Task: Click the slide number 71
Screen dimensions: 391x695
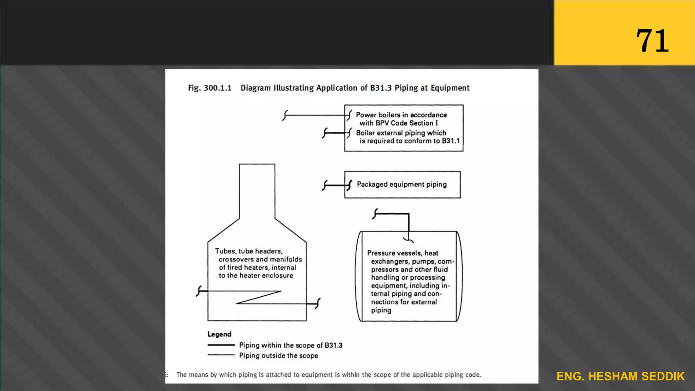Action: tap(652, 41)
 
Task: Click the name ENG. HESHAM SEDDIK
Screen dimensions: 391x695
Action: tap(620, 376)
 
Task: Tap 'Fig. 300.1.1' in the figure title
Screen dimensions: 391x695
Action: tap(210, 88)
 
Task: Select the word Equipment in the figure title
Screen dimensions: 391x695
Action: tap(450, 88)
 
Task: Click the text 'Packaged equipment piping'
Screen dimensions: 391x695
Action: tap(401, 184)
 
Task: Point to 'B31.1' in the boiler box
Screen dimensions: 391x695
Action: tap(451, 141)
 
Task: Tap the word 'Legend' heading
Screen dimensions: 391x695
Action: tap(219, 334)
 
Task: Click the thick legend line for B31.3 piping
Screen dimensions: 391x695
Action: tap(221, 345)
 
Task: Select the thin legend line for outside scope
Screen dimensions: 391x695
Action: tap(221, 355)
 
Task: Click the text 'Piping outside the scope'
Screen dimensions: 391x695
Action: tap(279, 355)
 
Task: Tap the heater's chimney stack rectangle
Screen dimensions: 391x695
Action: tap(257, 190)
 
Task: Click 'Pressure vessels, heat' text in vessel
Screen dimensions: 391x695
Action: tap(402, 253)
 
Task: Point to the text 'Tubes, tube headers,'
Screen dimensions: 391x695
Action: tap(249, 251)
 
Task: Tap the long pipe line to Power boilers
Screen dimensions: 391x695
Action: tap(314, 115)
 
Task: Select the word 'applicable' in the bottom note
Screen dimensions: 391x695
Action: tap(427, 375)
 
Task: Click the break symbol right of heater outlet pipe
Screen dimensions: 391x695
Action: tap(318, 303)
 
